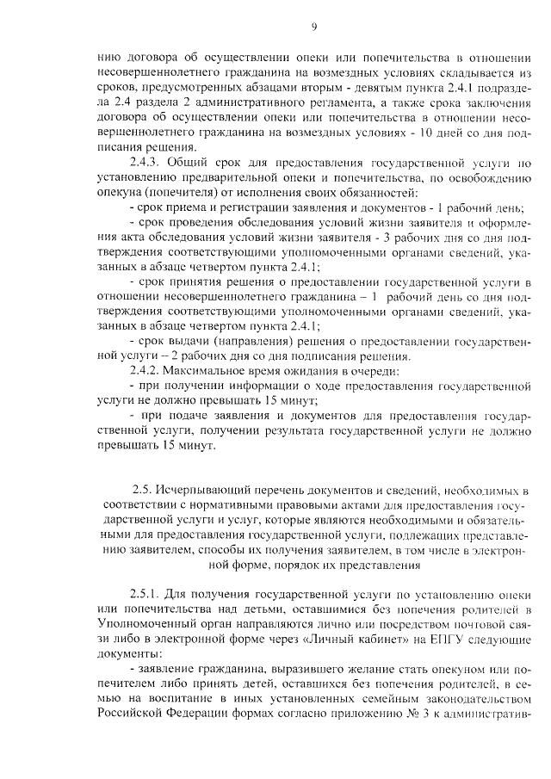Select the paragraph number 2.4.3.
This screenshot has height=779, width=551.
pos(145,162)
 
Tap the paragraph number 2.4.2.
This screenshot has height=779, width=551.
pos(145,371)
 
